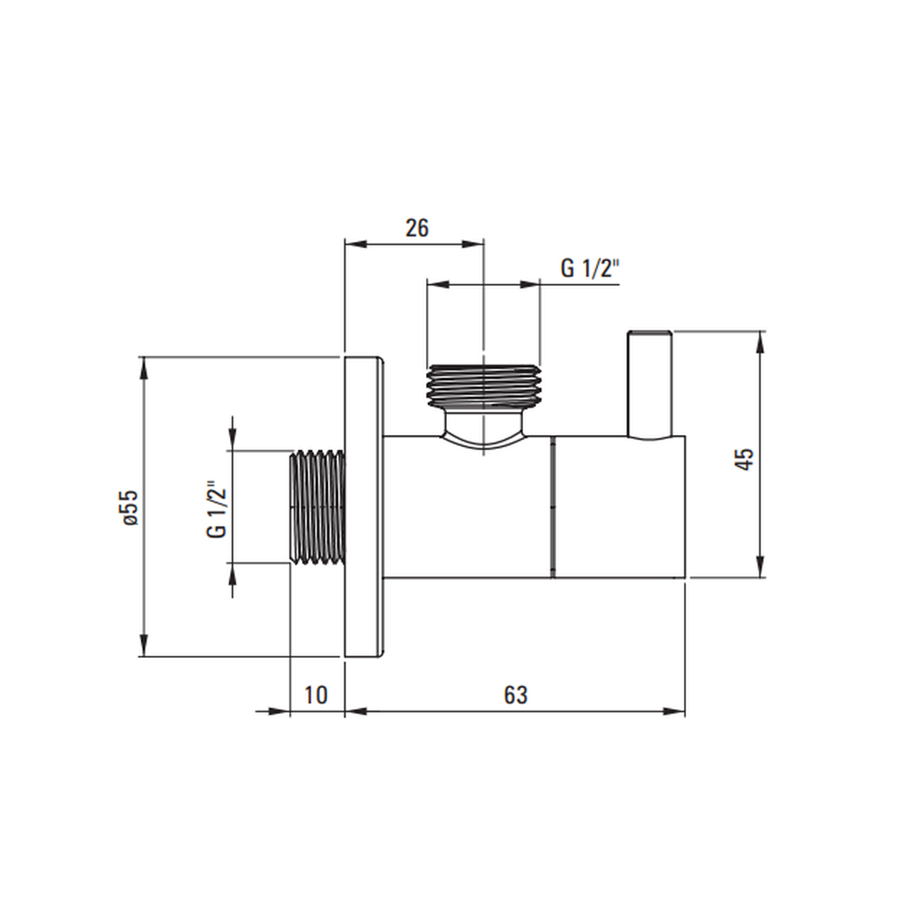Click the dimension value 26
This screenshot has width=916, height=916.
pyautogui.click(x=417, y=228)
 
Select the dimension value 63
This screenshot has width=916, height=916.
pyautogui.click(x=515, y=695)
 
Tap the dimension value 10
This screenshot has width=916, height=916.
pyautogui.click(x=316, y=695)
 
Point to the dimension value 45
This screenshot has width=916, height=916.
pyautogui.click(x=745, y=459)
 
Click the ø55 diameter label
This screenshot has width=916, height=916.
pyautogui.click(x=130, y=507)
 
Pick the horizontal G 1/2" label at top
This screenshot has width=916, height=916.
pyautogui.click(x=589, y=268)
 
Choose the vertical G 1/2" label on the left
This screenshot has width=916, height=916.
pyautogui.click(x=215, y=510)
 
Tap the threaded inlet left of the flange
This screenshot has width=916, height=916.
pyautogui.click(x=317, y=507)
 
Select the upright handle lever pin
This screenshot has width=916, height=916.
pyautogui.click(x=649, y=384)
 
